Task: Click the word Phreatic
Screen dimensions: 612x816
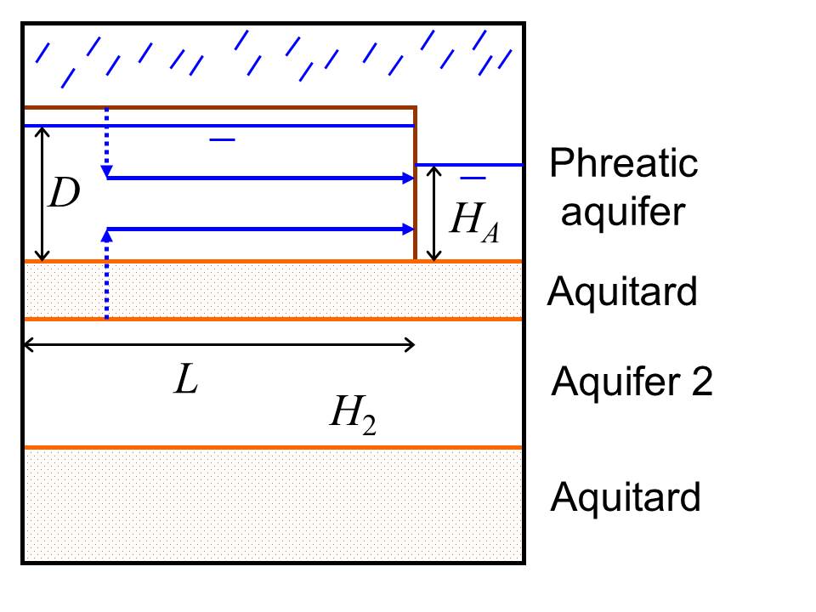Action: click(x=624, y=163)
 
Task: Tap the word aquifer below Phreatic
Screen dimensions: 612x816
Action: click(x=622, y=212)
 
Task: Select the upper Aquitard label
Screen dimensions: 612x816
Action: click(x=622, y=292)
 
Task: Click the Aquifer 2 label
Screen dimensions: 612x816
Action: click(x=632, y=383)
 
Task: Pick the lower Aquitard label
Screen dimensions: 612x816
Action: click(x=626, y=496)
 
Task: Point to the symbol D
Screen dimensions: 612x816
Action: click(x=64, y=195)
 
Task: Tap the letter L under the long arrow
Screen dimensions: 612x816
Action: click(x=186, y=382)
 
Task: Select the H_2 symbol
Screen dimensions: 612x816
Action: click(x=353, y=416)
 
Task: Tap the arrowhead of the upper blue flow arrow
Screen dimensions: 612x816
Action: click(x=407, y=178)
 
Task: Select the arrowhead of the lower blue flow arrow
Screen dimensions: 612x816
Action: click(x=407, y=229)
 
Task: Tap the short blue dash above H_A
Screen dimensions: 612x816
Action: click(x=473, y=178)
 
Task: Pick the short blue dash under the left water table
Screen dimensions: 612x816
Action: click(x=223, y=139)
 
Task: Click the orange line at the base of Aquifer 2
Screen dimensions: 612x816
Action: click(x=272, y=447)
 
